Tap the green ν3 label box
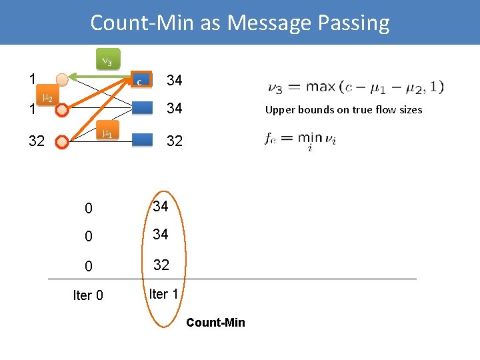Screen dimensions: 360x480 coord(106,61)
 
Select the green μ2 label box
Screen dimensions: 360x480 coord(47,99)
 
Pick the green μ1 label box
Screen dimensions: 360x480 coord(106,133)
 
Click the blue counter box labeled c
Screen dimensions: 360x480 coord(142,81)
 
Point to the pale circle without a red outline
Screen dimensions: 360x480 coord(61,80)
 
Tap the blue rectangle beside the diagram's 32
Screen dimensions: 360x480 coord(143,141)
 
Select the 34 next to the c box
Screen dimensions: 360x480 coord(175,81)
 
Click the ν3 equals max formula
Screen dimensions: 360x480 coord(355,87)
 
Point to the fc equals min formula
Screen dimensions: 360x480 coord(300,140)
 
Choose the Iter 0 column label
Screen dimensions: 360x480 coord(88,295)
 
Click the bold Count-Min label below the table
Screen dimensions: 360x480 coord(215,323)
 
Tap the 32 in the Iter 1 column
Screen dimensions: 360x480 coord(161,265)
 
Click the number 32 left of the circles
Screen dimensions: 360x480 coord(37,141)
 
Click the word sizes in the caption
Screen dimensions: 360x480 coord(408,110)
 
